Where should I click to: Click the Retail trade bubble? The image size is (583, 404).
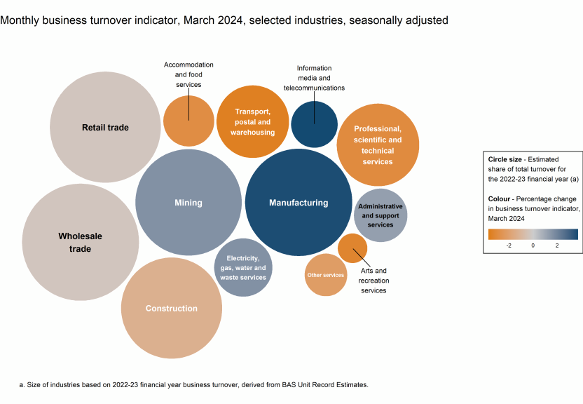pos(104,127)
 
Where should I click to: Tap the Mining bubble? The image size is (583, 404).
pos(188,203)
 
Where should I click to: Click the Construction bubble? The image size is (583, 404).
pos(172,308)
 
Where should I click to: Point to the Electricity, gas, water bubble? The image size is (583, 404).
pos(243,267)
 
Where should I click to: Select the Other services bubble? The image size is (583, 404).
pos(326,275)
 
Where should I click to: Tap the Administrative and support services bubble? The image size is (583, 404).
pos(380,215)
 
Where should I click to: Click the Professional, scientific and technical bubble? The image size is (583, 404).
pos(378,144)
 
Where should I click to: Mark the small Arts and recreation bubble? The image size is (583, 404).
pos(352,248)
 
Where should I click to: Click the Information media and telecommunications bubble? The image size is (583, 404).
pos(314,124)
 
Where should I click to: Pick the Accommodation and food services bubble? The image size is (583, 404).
pos(188,121)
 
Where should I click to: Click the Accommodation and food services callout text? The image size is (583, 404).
pos(188,74)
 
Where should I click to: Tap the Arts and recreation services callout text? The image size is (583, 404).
pos(373,281)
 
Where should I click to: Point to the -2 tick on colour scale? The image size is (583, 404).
pos(509,245)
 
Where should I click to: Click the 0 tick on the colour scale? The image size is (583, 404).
pos(533,245)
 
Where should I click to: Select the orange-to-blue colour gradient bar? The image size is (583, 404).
pos(533,234)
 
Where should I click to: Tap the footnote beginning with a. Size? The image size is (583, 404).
pos(193,385)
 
